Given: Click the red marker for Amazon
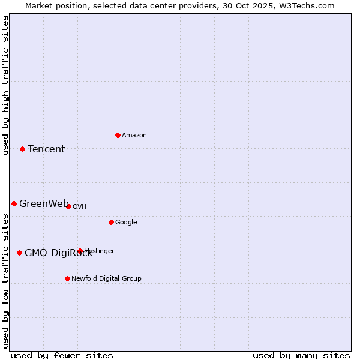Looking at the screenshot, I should tap(118, 135).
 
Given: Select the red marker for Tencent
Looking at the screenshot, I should tap(22, 149).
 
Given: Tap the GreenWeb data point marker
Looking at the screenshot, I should tap(14, 203).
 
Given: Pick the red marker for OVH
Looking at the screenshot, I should tap(68, 206).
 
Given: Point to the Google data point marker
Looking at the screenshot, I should tap(111, 222).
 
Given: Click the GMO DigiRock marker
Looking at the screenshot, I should tap(19, 253).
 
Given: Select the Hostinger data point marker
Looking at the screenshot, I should tap(80, 251).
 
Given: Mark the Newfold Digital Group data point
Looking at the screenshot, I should tap(67, 278).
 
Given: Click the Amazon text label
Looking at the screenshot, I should tap(134, 136).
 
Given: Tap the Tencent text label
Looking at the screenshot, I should tap(46, 149).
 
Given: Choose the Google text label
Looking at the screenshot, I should tap(126, 223).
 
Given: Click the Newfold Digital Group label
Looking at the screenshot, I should tap(106, 279).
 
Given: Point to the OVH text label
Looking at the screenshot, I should tap(80, 207).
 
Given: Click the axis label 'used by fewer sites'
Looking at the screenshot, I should tap(62, 355).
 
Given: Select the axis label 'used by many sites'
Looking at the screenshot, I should tap(301, 355).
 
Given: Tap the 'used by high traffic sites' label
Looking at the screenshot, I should tap(5, 85).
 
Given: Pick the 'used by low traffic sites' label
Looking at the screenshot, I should tap(5, 281).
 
